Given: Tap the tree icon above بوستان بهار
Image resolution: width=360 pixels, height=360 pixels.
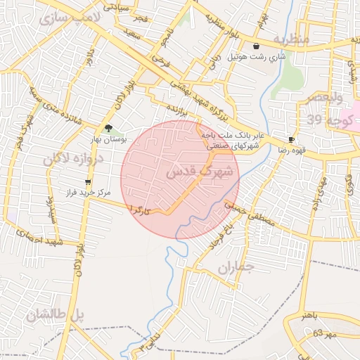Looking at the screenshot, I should click(x=108, y=128).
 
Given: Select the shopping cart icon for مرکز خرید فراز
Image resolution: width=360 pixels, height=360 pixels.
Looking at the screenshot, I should click(x=87, y=182).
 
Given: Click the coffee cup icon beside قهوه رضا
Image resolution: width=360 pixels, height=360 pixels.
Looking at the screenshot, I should click(x=292, y=140).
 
